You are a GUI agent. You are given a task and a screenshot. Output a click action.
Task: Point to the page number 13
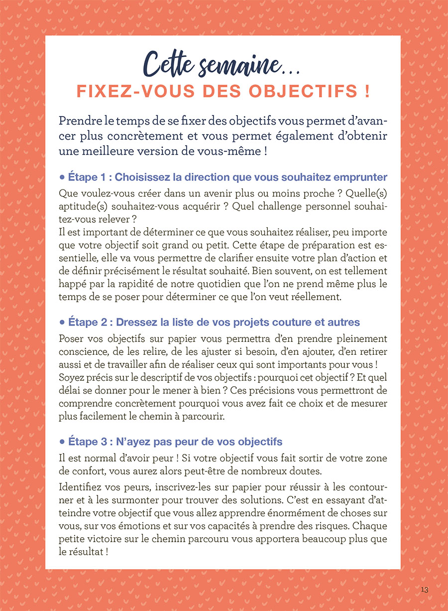pos(424,590)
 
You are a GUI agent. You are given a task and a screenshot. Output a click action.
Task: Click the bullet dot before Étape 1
pos(62,177)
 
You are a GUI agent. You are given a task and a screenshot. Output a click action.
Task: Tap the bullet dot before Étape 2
pos(62,322)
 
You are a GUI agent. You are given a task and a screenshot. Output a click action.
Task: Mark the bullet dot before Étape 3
pos(62,442)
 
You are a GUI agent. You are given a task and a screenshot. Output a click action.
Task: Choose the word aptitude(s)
pos(81,205)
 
